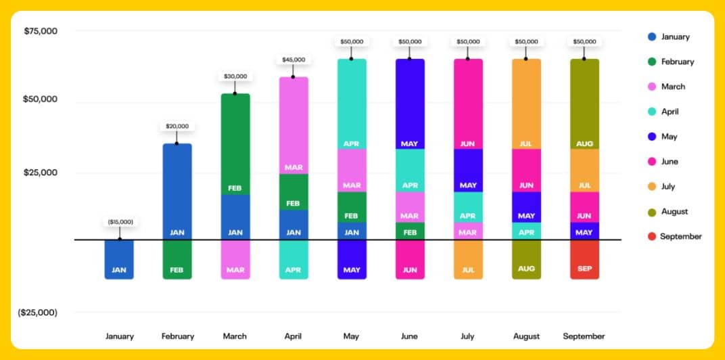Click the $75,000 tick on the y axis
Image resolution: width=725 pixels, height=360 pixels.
[41, 31]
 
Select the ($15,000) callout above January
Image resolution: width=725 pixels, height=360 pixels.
[120, 222]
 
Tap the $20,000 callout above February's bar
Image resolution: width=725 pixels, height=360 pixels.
[177, 126]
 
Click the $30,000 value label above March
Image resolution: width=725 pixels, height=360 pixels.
[235, 76]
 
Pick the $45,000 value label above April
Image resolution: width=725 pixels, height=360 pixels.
[294, 60]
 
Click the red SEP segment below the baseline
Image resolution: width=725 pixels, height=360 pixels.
[584, 259]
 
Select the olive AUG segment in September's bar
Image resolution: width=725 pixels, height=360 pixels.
[584, 104]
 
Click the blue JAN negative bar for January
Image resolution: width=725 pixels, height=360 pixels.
[119, 259]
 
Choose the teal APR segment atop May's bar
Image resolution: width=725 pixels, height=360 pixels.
[352, 104]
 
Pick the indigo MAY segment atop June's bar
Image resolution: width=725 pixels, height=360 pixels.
[410, 104]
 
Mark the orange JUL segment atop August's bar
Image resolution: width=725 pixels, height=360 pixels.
[526, 104]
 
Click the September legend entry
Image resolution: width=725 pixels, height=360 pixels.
[680, 236]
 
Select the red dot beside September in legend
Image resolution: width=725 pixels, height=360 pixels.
[651, 236]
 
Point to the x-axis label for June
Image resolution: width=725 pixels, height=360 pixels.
[409, 336]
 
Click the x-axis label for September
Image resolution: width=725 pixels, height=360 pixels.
[584, 336]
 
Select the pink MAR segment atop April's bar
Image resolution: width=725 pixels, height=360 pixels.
[294, 125]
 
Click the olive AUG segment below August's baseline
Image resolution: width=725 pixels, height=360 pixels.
[526, 259]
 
